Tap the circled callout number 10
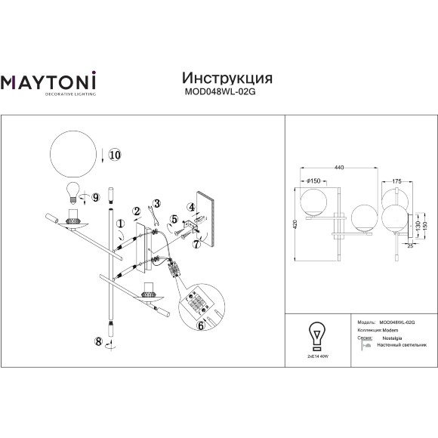pyautogui.click(x=114, y=155)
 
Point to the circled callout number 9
pyautogui.click(x=96, y=196)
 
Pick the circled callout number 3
pyautogui.click(x=156, y=203)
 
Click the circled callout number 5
pyautogui.click(x=175, y=221)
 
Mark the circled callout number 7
pyautogui.click(x=197, y=244)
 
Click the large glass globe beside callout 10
pyautogui.click(x=75, y=151)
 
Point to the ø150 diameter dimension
pyautogui.click(x=312, y=181)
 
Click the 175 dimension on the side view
pyautogui.click(x=396, y=181)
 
